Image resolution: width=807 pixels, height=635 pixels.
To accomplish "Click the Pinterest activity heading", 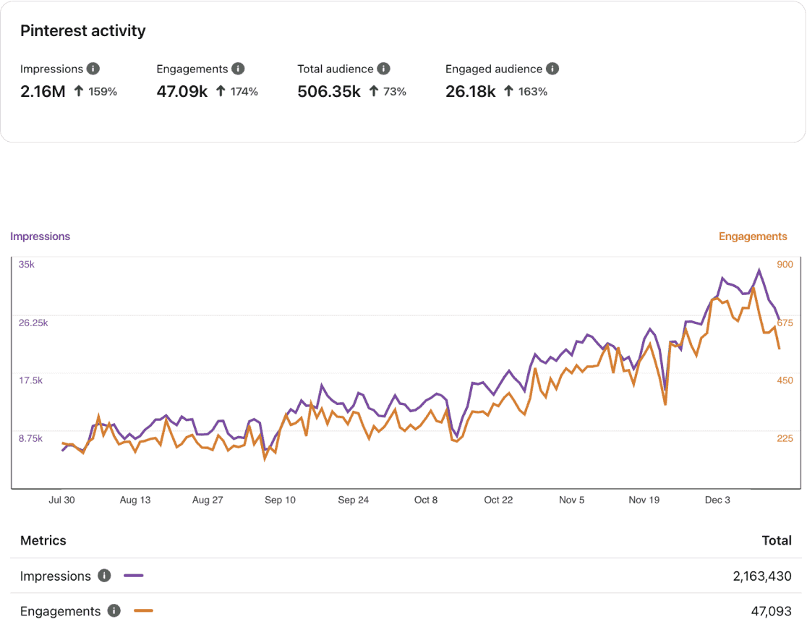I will point(82,31).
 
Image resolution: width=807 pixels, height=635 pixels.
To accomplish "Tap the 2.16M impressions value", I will point(43,91).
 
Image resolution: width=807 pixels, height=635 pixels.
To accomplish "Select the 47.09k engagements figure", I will point(182,91).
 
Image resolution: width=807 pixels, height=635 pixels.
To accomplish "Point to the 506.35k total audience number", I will point(329,91).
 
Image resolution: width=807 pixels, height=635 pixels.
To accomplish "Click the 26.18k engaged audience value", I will point(471,91).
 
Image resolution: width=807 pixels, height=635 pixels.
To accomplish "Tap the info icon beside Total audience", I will point(384,69).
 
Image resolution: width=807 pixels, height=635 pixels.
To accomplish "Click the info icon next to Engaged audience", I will point(552,69).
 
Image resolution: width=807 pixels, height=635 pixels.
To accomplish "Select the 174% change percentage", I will point(244,92).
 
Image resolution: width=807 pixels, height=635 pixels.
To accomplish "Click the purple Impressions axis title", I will point(40,236).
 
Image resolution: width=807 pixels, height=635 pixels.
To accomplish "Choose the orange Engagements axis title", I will point(753,236).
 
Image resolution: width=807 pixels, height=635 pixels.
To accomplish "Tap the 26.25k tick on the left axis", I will point(33,323).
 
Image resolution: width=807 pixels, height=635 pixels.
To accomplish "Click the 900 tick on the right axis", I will point(785,265).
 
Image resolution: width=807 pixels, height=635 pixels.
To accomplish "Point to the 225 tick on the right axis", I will point(785,438).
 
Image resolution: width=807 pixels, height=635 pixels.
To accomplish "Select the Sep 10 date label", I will point(280,500).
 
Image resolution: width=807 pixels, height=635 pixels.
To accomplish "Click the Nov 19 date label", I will point(644,500).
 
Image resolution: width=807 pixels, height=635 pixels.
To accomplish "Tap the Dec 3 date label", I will point(717,500).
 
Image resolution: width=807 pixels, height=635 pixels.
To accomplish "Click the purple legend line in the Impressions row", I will point(134,576).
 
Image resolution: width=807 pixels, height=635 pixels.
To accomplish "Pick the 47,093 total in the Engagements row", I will point(771,611).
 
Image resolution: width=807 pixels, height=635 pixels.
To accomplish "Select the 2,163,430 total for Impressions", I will point(761,576).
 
